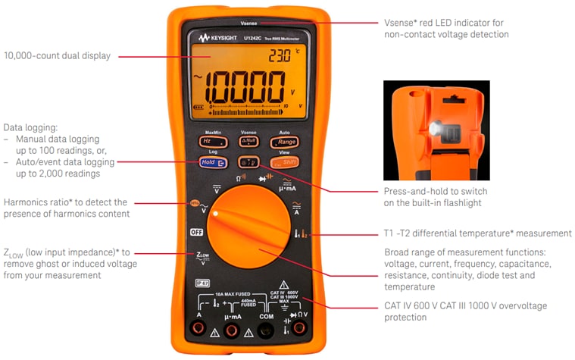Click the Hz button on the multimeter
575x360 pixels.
point(207,142)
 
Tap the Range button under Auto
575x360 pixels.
point(286,142)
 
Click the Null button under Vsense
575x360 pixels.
point(248,142)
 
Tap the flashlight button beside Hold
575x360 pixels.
point(247,162)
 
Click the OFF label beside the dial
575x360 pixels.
point(197,233)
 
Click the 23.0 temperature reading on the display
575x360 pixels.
point(280,55)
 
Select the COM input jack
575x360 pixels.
point(266,328)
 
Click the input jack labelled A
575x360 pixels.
point(198,328)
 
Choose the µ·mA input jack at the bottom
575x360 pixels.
point(233,328)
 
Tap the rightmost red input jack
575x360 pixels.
point(300,328)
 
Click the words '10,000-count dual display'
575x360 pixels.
point(57,55)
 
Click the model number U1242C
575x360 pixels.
point(260,37)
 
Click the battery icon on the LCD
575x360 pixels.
point(202,108)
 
